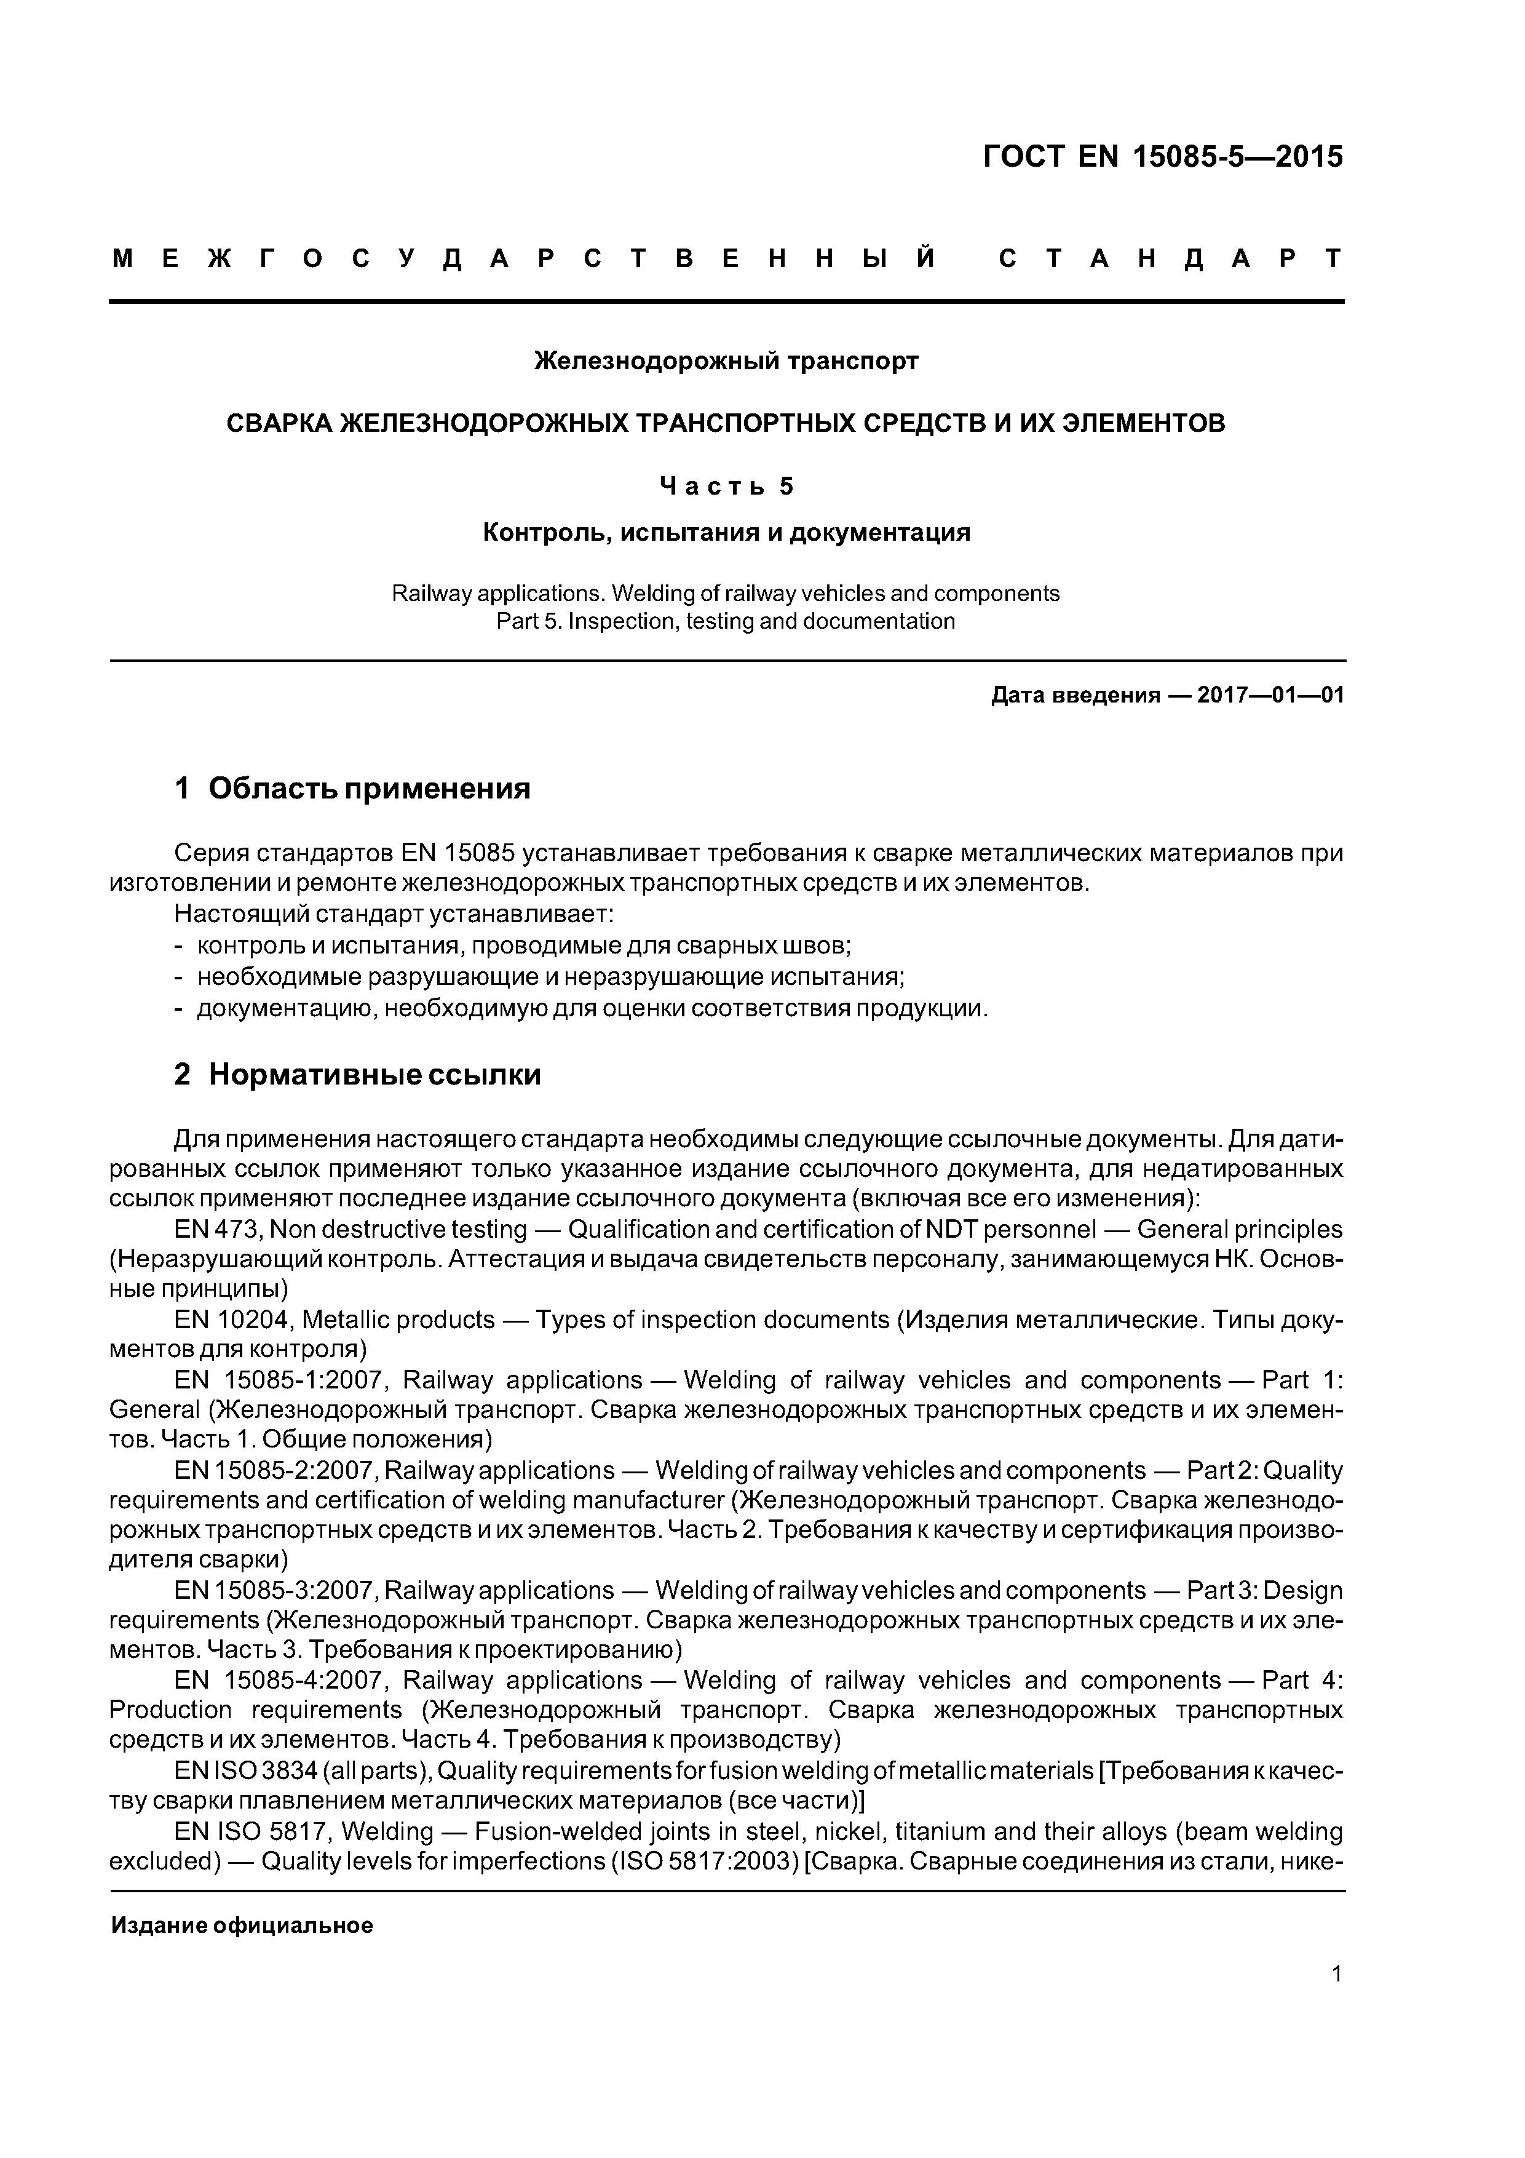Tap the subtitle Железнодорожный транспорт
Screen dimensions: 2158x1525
[x=726, y=361]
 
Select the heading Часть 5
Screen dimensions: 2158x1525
[x=726, y=486]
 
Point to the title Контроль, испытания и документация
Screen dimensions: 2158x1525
[x=726, y=533]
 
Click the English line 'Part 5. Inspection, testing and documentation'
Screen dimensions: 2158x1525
[x=726, y=621]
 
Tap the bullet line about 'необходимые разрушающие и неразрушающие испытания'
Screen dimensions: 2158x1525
[x=550, y=976]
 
